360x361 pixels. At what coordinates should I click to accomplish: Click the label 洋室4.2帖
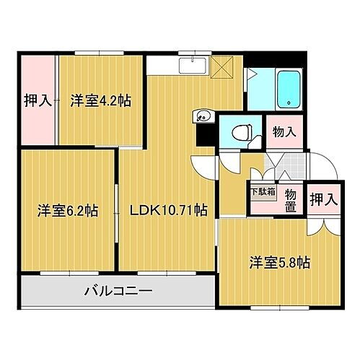click(100, 100)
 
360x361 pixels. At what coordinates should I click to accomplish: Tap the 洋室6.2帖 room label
click(68, 212)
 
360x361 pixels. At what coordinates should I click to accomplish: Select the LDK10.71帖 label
click(169, 211)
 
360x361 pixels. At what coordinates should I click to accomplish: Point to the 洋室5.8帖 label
click(280, 262)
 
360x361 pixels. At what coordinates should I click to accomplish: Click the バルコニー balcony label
click(118, 292)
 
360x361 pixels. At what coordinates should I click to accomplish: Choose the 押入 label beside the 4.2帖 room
click(37, 101)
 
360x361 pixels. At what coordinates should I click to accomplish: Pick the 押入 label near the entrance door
click(324, 200)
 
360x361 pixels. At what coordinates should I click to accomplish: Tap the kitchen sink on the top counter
click(191, 68)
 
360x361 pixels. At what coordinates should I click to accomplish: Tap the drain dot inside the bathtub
click(288, 104)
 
